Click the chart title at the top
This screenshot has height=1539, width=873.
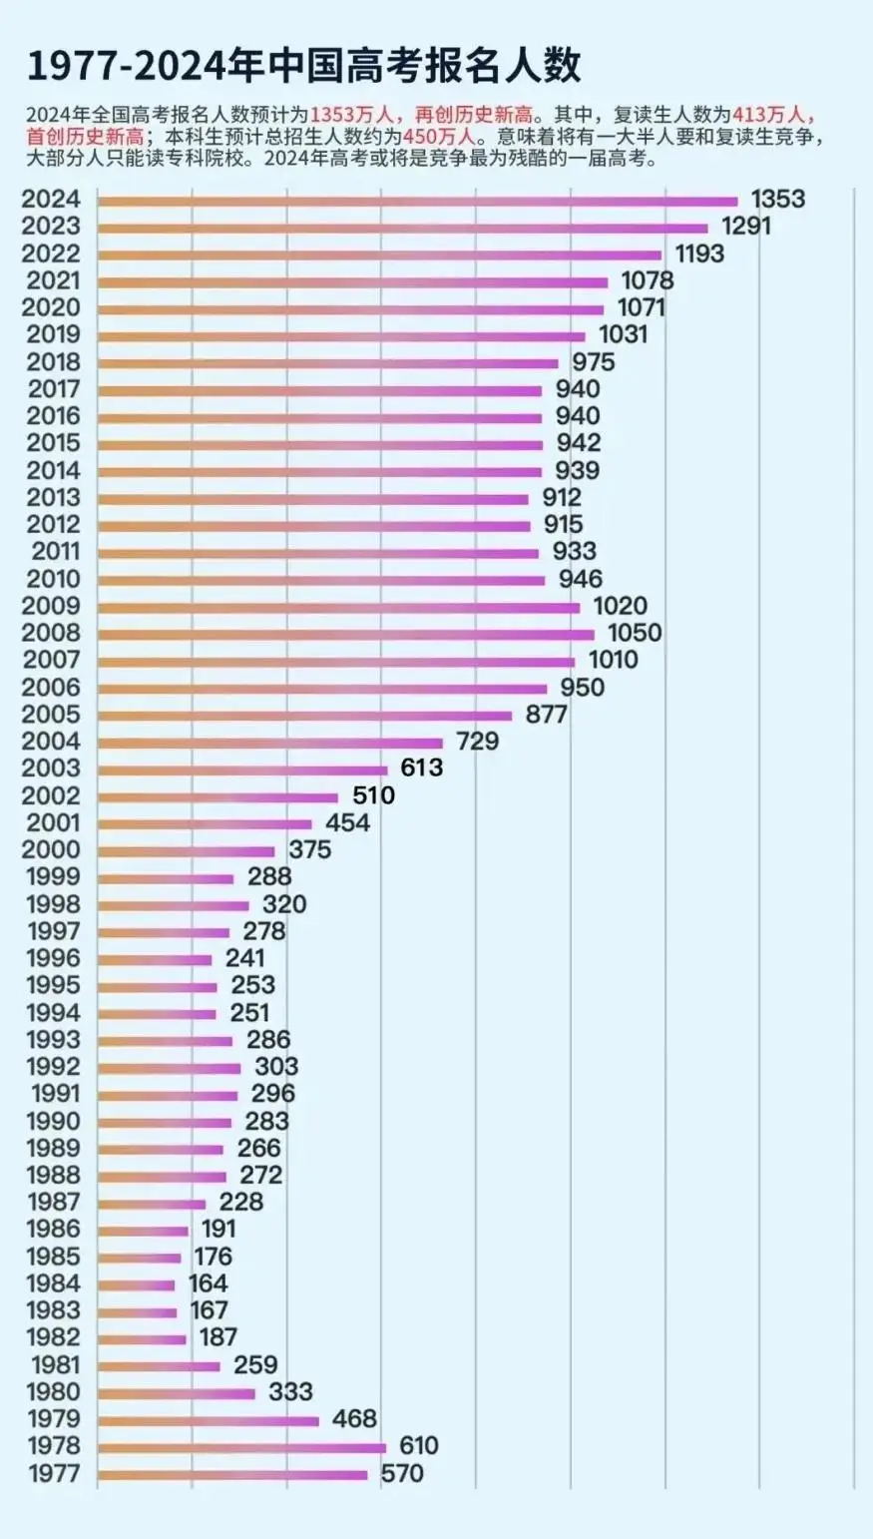(x=303, y=66)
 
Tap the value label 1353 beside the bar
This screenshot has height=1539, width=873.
(x=777, y=199)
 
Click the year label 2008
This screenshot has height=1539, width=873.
(x=52, y=633)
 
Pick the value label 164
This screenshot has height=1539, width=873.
(x=209, y=1283)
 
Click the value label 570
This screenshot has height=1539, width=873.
(x=402, y=1473)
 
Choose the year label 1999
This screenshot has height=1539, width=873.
(x=52, y=877)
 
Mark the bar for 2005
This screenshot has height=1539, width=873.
(x=304, y=716)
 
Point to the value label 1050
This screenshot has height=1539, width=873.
(x=635, y=633)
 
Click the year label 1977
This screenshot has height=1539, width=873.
(x=54, y=1474)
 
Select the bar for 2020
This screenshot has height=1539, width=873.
(x=350, y=309)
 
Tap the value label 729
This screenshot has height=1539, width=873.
(x=477, y=742)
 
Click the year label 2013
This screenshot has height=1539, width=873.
(x=52, y=497)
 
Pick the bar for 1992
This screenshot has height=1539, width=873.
(x=169, y=1068)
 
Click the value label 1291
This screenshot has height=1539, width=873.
(x=746, y=227)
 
